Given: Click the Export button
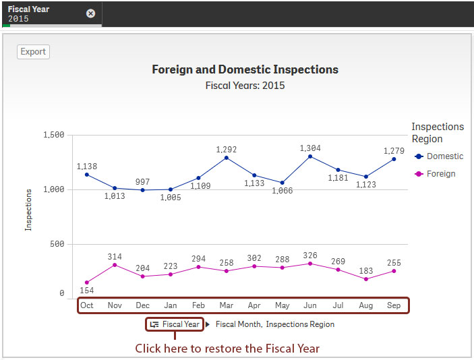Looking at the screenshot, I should click(x=33, y=51).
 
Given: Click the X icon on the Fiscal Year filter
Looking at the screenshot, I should click(x=91, y=13).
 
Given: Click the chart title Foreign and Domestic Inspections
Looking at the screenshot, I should click(x=245, y=69).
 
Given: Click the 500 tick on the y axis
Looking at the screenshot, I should click(x=56, y=244).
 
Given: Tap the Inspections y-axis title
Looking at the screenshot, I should click(x=28, y=210).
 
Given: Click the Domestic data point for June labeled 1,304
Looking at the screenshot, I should click(x=310, y=156).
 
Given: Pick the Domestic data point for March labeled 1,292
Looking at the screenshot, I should click(x=227, y=158).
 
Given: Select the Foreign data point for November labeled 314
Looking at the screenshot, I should click(x=115, y=265).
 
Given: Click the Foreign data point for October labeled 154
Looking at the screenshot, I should click(x=87, y=282).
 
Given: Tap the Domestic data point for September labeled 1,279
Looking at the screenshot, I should click(x=394, y=159).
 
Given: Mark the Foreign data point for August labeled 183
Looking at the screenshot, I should click(x=366, y=279).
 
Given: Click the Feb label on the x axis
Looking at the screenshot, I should click(x=198, y=305).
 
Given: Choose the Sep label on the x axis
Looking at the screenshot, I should click(x=394, y=305).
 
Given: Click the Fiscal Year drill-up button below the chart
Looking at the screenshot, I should click(x=175, y=324).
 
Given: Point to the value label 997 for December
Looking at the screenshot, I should click(x=142, y=182).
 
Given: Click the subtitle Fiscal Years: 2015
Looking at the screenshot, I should click(x=245, y=86).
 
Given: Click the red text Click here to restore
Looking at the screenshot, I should click(x=227, y=348).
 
